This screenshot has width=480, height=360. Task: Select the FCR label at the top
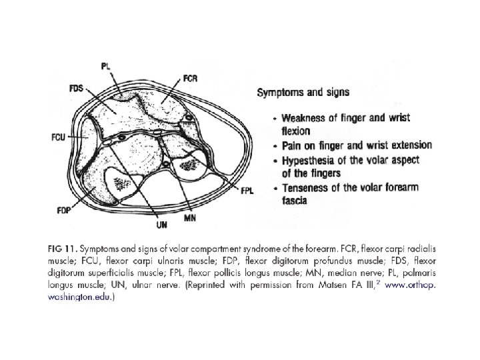coord(190,79)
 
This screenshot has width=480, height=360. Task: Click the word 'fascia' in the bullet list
coord(294,199)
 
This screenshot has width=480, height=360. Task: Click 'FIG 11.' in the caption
coord(63,249)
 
